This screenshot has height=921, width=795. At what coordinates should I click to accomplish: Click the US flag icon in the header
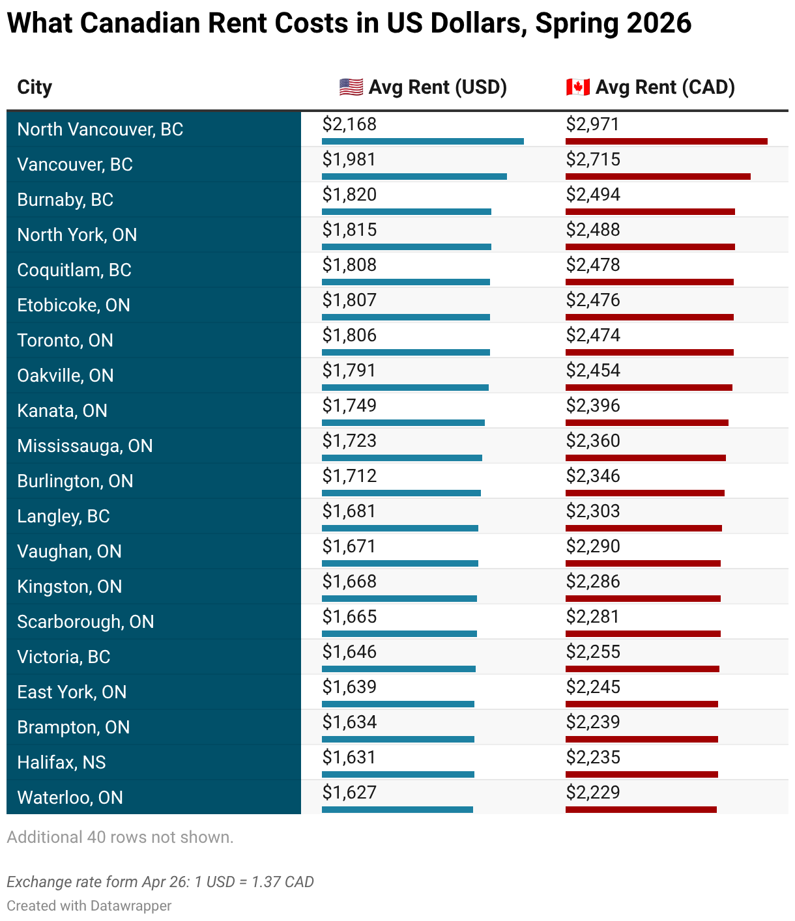coord(351,87)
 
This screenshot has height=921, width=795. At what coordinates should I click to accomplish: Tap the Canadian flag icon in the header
coord(577,87)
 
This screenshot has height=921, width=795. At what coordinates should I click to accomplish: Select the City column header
coord(35,87)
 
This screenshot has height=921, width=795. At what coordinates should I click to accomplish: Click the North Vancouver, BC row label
coord(100,129)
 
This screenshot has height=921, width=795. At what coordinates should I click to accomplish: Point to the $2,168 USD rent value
coord(349,124)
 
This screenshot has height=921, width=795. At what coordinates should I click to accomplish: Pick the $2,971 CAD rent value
coord(592,124)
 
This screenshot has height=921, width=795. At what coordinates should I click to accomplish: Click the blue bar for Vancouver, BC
coord(414,177)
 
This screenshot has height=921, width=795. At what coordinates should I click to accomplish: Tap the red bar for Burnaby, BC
coord(650,212)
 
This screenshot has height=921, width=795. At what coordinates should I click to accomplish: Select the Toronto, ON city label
coord(65,341)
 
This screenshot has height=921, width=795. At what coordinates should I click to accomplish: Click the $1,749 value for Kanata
coord(349,406)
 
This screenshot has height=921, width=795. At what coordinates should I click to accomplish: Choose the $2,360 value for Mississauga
coord(592,441)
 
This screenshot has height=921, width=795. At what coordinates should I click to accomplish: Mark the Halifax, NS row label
coord(61,762)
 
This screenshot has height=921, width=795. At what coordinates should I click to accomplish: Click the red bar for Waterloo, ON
coord(641,810)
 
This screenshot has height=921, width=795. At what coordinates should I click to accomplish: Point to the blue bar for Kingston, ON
coord(399,599)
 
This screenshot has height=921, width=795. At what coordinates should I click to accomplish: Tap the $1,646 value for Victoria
coord(349,652)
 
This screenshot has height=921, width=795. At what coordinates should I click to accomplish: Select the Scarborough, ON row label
coord(85,622)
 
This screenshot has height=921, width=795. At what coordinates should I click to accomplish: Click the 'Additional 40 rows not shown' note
coord(120,837)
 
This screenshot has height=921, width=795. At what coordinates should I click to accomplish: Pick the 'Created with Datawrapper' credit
coord(89,906)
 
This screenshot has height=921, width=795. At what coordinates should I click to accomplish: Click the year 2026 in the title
coord(659,23)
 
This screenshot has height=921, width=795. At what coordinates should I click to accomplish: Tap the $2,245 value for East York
coord(592,687)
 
